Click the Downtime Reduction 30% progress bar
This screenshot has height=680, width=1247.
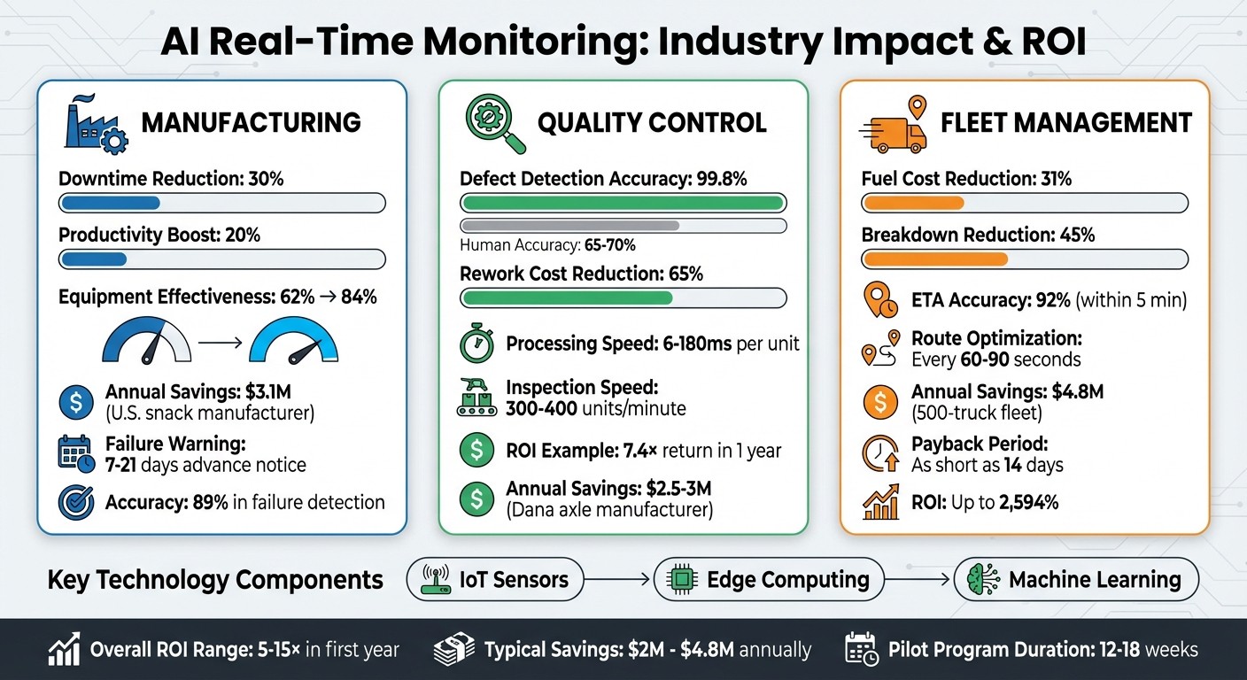[221, 204]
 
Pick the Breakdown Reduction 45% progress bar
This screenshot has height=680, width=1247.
[1025, 259]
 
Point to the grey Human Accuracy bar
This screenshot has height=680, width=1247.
[623, 226]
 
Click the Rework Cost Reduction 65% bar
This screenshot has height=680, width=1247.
[623, 297]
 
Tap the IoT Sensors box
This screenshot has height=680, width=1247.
[495, 580]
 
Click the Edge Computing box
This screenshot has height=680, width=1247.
[769, 580]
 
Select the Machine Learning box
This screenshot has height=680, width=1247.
[1076, 580]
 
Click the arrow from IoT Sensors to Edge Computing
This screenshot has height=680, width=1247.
[618, 580]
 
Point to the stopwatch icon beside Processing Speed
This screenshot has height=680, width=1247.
[476, 344]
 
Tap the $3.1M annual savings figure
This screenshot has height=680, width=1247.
[288, 391]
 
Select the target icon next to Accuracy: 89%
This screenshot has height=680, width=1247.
[75, 503]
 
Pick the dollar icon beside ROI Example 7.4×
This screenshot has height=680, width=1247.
[476, 451]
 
